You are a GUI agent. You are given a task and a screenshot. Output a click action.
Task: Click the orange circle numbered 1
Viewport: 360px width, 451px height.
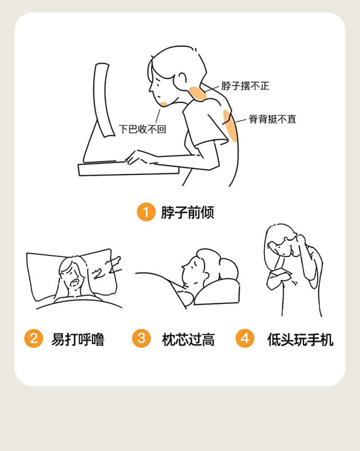(146, 212)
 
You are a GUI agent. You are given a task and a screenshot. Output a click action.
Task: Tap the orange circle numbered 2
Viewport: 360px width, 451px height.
(34, 338)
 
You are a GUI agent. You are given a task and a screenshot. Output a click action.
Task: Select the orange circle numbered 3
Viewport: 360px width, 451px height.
(141, 338)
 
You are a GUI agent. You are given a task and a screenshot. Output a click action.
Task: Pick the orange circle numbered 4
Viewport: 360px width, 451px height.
(245, 338)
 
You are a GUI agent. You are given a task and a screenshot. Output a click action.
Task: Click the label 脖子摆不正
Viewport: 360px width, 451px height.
(245, 86)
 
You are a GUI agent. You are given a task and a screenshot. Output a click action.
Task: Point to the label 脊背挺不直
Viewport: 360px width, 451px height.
(273, 119)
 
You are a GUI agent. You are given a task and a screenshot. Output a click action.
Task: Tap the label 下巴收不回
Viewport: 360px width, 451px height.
(143, 129)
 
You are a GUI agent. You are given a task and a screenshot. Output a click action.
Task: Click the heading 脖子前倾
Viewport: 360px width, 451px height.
(187, 212)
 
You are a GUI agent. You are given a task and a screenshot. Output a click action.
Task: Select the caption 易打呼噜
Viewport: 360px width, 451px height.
(77, 339)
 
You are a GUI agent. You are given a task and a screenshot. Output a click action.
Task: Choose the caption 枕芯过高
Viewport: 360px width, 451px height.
(188, 339)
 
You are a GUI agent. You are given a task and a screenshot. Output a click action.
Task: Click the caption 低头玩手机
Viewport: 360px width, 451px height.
(300, 339)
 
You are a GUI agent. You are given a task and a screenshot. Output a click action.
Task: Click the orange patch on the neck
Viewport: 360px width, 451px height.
(198, 93)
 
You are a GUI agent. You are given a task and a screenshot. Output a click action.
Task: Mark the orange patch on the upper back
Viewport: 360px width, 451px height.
(230, 126)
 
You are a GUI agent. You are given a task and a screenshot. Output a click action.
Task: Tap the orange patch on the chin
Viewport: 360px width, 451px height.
(164, 104)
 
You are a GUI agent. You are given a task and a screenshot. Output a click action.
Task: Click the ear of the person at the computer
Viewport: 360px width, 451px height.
(182, 78)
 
